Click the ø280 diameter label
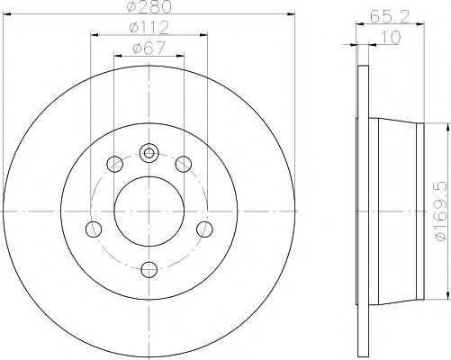[148, 8]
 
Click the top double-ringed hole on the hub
[149, 152]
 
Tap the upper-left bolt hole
[114, 164]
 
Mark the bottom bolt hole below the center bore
[149, 267]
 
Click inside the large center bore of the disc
[149, 211]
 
